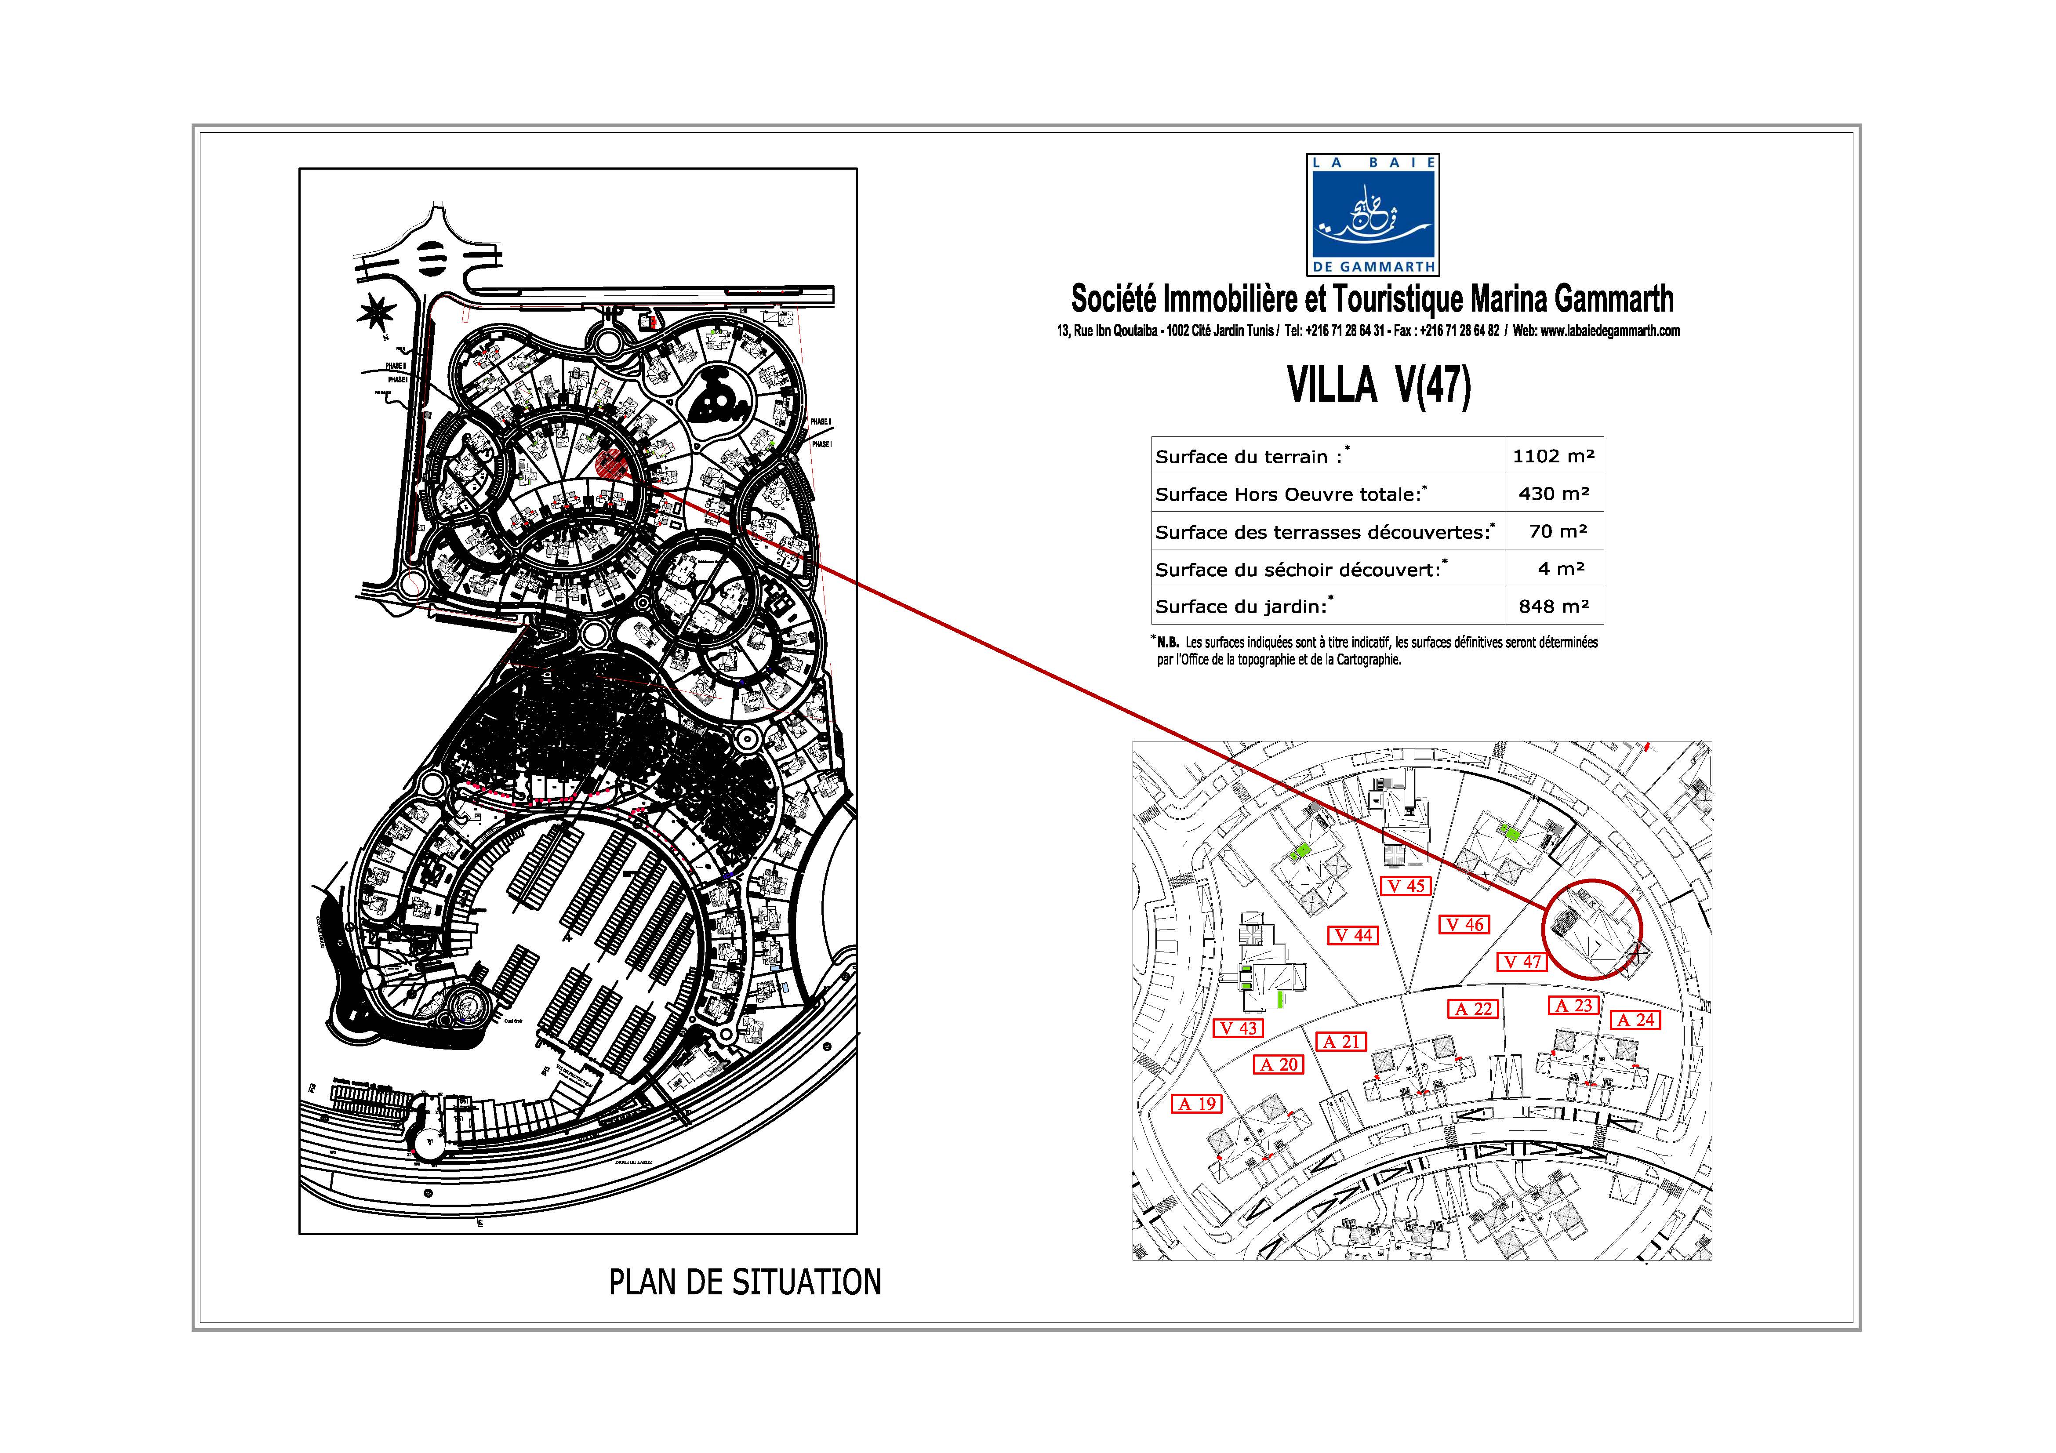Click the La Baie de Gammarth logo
[1373, 214]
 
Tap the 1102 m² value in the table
[1553, 456]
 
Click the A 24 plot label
[1635, 1020]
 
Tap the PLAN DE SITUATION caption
[745, 1282]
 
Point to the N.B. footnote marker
[1166, 642]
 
